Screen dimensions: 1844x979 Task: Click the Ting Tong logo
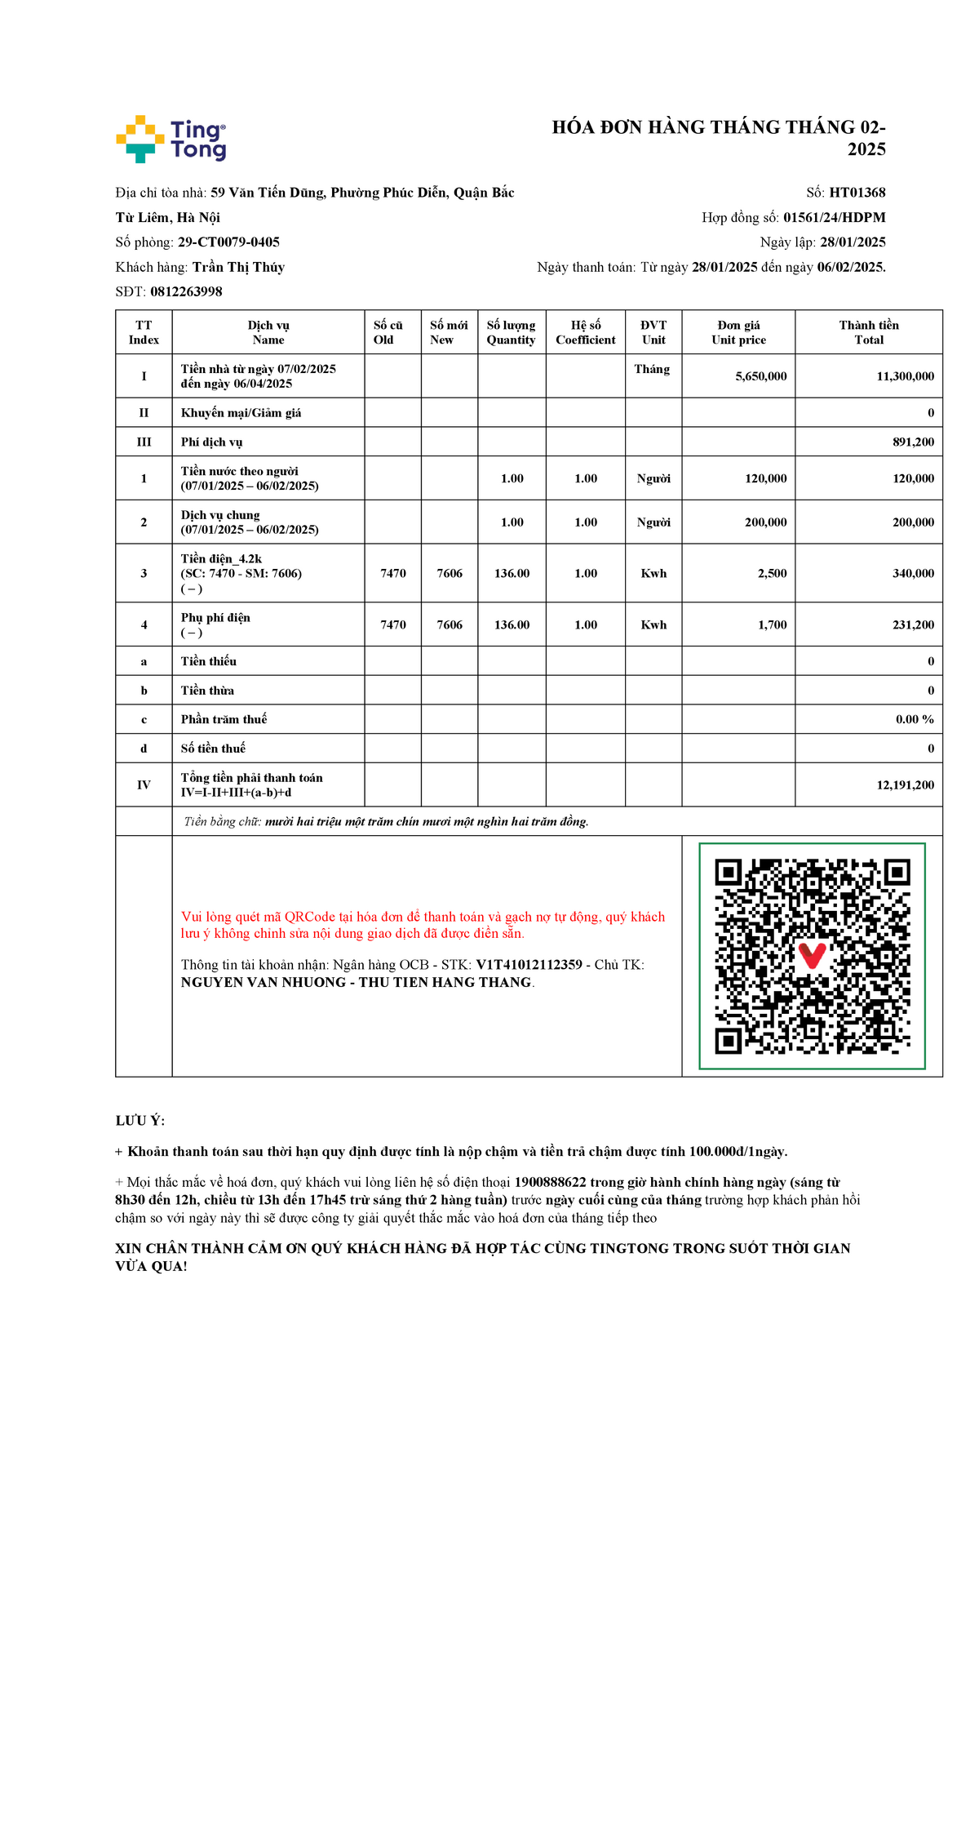[171, 139]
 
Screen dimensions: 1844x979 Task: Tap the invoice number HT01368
[857, 193]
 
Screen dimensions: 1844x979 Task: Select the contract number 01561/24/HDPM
[834, 217]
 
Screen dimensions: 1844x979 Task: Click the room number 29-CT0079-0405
[228, 242]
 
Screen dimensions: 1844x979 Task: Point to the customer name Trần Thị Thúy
[238, 267]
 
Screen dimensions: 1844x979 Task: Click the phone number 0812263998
[186, 291]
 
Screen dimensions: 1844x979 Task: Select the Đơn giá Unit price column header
[738, 332]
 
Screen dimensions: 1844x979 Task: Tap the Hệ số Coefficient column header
[585, 332]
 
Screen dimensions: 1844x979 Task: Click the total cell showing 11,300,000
[905, 376]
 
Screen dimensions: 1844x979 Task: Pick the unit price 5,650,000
[760, 376]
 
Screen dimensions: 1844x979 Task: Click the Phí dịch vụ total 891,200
[913, 442]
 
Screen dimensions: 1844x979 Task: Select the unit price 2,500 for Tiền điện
[772, 573]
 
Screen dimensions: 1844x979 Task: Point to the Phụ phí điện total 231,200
[913, 624]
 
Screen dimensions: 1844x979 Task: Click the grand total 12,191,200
[905, 784]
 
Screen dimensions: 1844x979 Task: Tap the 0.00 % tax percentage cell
[915, 719]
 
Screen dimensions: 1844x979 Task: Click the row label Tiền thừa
[207, 691]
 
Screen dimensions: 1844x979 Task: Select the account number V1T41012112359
[529, 965]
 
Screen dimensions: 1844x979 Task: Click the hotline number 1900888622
[550, 1182]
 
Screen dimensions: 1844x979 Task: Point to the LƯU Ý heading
[140, 1121]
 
